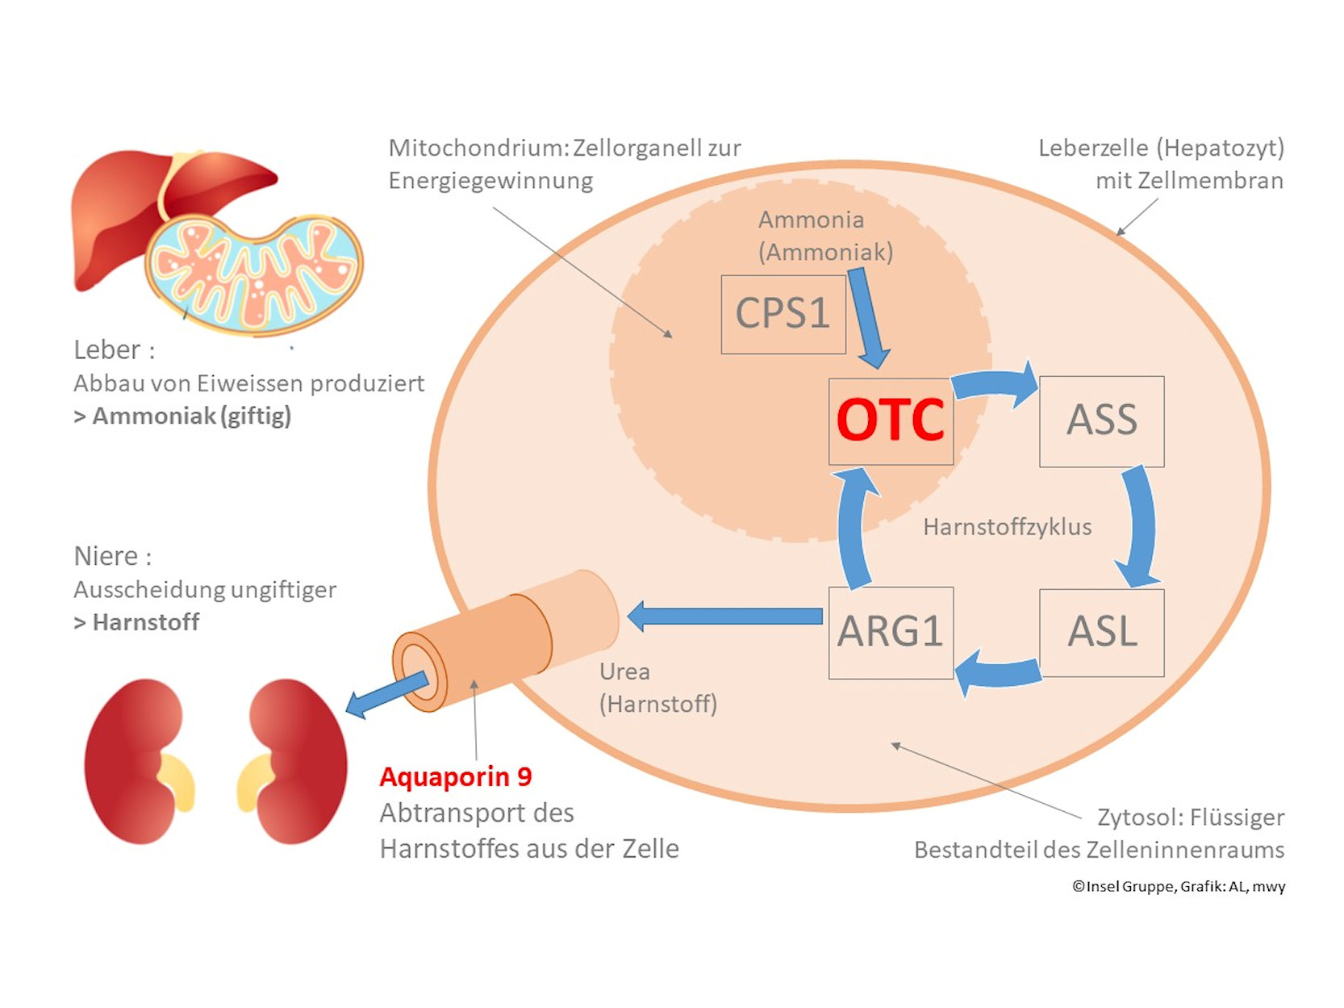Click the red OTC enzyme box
point(891,420)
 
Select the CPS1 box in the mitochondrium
point(783,314)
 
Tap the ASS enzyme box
point(1101,420)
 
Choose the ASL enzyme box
point(1101,632)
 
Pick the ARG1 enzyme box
point(891,632)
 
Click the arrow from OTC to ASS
point(997,383)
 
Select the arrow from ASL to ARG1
point(997,671)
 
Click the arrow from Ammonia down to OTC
point(868,318)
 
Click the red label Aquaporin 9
point(456,776)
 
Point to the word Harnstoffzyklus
point(1007,527)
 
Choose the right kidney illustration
point(294,761)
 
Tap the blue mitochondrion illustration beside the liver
point(255,274)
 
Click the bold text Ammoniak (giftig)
point(191,416)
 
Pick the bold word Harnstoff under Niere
point(146,622)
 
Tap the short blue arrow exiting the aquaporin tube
point(386,694)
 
